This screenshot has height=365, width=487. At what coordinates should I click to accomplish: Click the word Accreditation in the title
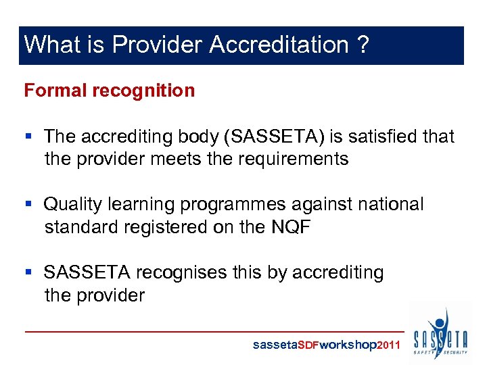279,45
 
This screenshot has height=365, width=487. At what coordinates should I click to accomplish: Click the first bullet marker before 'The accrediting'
28,137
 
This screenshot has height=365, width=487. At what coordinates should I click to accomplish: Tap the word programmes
242,204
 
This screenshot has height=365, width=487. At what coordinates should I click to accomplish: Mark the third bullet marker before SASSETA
28,272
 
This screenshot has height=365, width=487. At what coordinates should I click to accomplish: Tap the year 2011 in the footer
389,345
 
